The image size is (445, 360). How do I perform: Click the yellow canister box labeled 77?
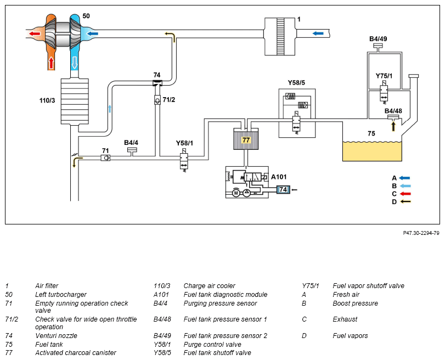point(246,140)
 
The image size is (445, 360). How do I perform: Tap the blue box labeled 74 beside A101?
point(283,190)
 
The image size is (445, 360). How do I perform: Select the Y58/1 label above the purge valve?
point(184,143)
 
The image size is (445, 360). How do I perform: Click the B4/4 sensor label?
point(131,143)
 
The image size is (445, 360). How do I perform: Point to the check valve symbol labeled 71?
point(105,158)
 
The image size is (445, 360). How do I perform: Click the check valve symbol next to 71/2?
point(157,100)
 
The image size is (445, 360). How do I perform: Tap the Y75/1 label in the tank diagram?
point(384,76)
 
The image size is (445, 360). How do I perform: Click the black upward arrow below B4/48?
point(393,126)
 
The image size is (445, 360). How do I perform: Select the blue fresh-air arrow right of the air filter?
point(318,33)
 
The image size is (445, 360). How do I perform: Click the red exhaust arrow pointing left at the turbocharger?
point(35,34)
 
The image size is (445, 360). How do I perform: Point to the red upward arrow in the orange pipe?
point(51,63)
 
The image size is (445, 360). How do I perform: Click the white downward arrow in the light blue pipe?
point(75,63)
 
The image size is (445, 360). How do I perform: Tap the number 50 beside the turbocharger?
point(86,16)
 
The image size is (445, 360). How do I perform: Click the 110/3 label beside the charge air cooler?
point(47,100)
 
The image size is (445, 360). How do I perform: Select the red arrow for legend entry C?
point(405,194)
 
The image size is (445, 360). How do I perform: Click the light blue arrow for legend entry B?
point(405,186)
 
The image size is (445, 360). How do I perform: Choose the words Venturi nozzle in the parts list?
point(56,336)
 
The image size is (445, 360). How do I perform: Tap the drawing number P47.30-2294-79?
point(421,233)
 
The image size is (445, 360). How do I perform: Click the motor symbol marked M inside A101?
point(236,193)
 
